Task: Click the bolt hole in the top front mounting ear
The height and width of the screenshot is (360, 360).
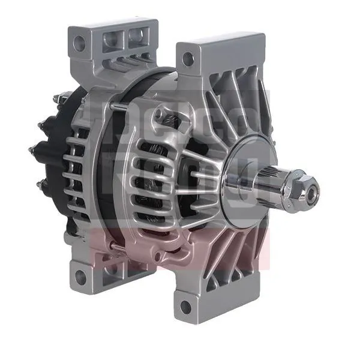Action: [x=188, y=59]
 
